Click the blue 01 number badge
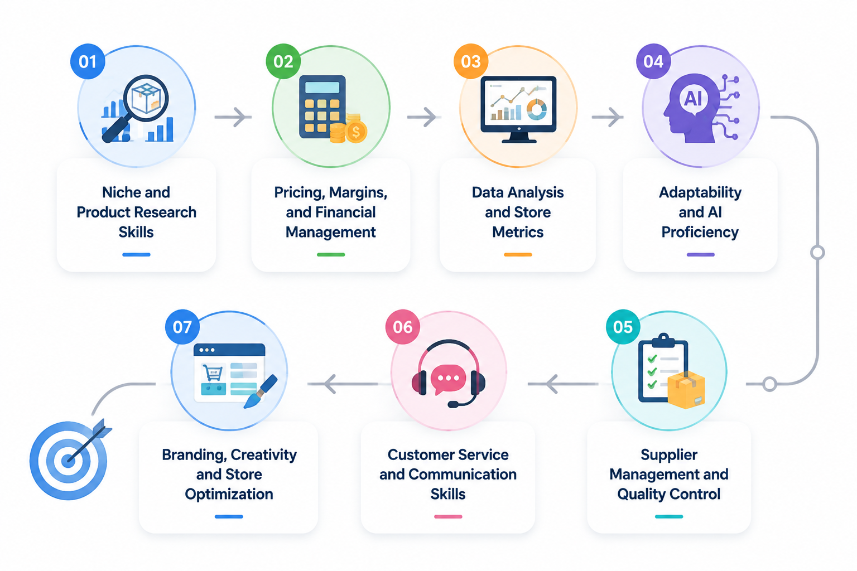tap(88, 61)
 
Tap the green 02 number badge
tap(283, 61)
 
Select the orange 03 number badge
tap(470, 61)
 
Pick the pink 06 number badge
tap(402, 327)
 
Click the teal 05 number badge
tap(623, 327)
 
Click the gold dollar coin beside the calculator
tap(356, 132)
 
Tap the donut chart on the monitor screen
tap(537, 110)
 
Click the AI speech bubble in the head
tap(693, 99)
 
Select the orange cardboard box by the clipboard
tap(686, 390)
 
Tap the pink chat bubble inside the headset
tap(448, 379)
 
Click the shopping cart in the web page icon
tap(213, 372)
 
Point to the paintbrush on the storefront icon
tap(261, 391)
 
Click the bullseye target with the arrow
tap(69, 459)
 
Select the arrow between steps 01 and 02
tap(233, 117)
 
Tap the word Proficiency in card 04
tap(700, 233)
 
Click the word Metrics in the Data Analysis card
tap(518, 232)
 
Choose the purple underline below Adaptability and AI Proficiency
tap(701, 254)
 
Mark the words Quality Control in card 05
tap(669, 494)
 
